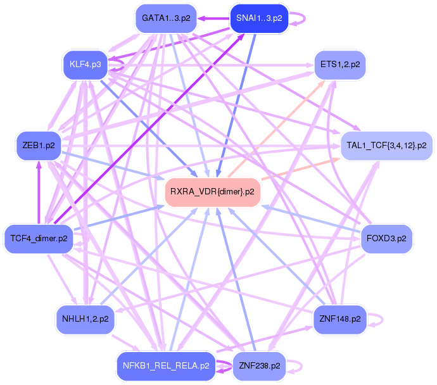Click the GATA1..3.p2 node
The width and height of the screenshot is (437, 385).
pos(166,18)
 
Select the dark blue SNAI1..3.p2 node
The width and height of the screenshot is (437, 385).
pos(259,18)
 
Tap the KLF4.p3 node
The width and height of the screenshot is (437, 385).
pos(85,65)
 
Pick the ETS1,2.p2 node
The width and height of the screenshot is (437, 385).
pos(340,65)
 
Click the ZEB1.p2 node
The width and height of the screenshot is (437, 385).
pos(39,146)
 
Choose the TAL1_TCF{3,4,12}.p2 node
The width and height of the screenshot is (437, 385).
pos(386,146)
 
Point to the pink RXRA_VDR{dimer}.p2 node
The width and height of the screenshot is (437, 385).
pos(212,192)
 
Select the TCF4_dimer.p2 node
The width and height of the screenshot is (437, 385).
pos(39,239)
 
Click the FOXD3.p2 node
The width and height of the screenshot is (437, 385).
pos(386,239)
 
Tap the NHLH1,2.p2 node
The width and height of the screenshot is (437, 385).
pos(85,319)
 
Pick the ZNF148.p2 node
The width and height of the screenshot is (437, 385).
pos(340,319)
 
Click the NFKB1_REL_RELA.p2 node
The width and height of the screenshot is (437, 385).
pos(166,366)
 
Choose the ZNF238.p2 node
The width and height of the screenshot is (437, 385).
pos(259,366)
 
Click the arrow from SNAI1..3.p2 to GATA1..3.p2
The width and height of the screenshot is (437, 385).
pos(213,18)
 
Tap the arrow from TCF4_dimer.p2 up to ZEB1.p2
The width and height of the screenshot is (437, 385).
pos(39,192)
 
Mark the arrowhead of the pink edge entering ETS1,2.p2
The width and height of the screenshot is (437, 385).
pos(321,83)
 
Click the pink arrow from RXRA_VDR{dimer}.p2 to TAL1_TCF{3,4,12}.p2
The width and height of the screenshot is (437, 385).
pos(300,168)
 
